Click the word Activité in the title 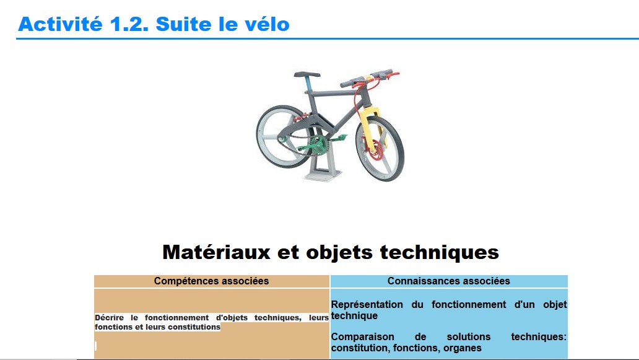click(60, 24)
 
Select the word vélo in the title click(267, 24)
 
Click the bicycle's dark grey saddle click(307, 74)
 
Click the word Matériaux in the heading click(216, 252)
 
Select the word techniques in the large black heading click(440, 253)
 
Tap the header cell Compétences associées click(212, 281)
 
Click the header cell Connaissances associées click(449, 281)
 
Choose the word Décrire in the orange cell click(109, 318)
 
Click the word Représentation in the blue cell click(367, 305)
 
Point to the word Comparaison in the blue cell click(362, 336)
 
